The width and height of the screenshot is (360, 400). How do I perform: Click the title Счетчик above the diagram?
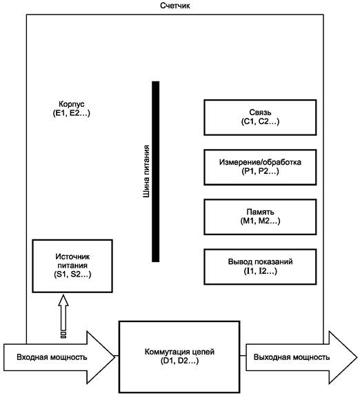click(174, 6)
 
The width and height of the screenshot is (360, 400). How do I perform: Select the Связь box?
click(260, 117)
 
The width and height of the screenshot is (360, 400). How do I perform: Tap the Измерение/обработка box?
click(260, 167)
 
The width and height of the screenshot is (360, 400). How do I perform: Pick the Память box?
click(260, 217)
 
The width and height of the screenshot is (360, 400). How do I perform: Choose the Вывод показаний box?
click(260, 267)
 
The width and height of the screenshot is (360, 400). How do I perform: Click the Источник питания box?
click(72, 266)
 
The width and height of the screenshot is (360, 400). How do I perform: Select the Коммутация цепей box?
click(179, 357)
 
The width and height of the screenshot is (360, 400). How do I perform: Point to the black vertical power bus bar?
click(156, 172)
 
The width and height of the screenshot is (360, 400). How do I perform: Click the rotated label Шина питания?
click(146, 172)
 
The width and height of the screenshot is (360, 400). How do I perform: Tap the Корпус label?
click(72, 104)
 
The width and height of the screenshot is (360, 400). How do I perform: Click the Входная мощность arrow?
click(59, 357)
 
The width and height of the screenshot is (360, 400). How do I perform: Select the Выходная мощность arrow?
click(301, 357)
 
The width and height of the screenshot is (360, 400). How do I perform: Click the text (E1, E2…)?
click(72, 113)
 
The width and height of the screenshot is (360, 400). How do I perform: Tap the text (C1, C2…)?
click(260, 121)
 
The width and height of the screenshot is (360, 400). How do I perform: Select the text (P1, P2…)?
click(260, 171)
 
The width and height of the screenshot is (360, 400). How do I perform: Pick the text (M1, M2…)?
click(260, 221)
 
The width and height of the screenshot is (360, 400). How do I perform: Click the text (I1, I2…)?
click(260, 271)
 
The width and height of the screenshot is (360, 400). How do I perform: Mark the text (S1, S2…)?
click(72, 274)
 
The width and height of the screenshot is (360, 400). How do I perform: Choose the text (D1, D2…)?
click(179, 361)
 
